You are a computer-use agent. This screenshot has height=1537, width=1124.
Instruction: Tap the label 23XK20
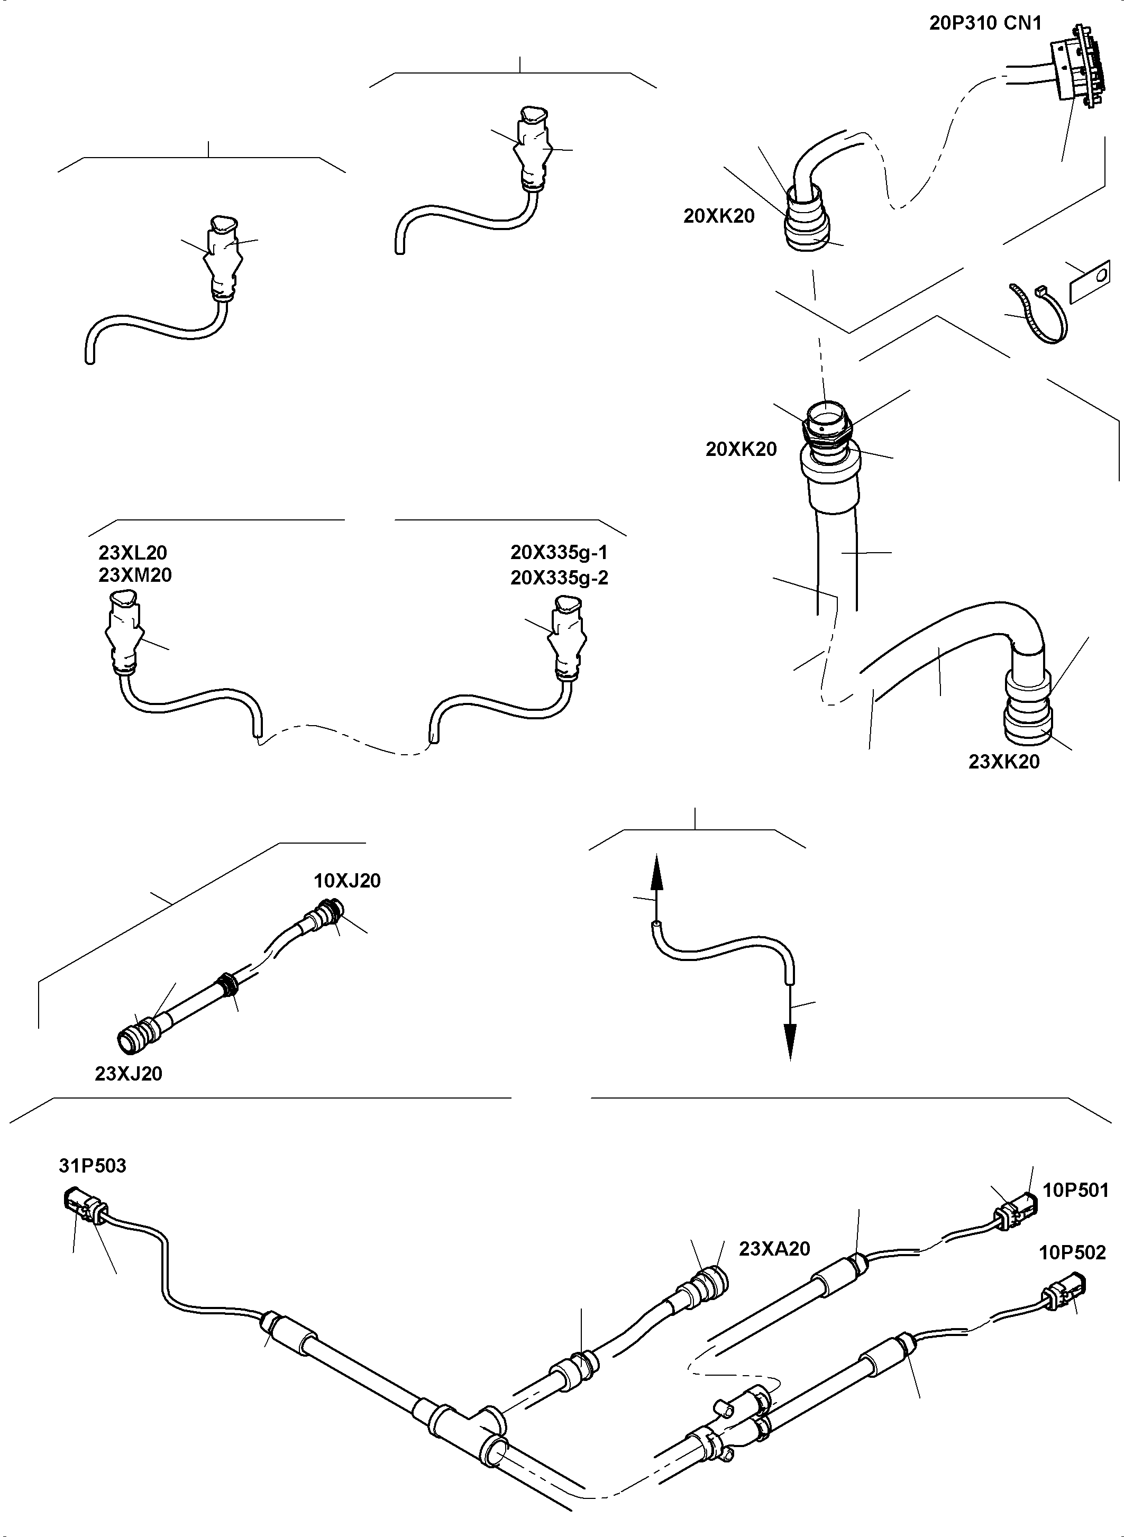click(1003, 762)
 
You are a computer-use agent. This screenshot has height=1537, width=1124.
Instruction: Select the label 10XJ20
click(347, 881)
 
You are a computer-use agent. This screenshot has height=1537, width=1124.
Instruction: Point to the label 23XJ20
click(129, 1074)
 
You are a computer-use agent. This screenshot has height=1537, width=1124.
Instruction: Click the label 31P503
click(92, 1166)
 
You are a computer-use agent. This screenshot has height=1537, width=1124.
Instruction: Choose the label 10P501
click(1076, 1190)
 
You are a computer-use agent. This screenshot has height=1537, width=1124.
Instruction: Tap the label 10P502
click(1072, 1252)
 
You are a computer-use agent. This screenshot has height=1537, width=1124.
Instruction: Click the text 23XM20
click(135, 575)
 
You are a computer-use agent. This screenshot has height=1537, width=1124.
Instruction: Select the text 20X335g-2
click(559, 578)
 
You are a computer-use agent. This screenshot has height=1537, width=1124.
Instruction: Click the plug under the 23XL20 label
click(124, 629)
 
